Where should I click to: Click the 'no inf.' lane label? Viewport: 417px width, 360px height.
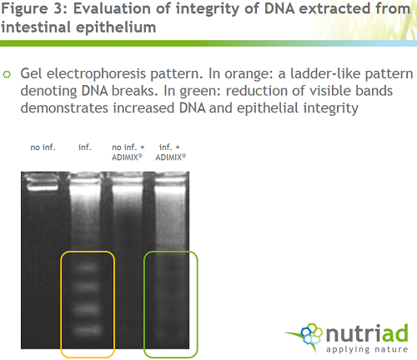pyautogui.click(x=43, y=147)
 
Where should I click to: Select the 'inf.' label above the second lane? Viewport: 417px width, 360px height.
pyautogui.click(x=85, y=147)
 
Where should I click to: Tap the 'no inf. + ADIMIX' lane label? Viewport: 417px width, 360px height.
pyautogui.click(x=128, y=152)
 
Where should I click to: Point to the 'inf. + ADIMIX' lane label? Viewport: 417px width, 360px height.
pyautogui.click(x=170, y=152)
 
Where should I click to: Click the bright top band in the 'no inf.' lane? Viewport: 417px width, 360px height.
pyautogui.click(x=43, y=184)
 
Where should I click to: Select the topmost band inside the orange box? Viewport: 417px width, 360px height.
pyautogui.click(x=88, y=267)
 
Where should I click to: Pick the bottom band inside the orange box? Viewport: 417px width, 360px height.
pyautogui.click(x=88, y=331)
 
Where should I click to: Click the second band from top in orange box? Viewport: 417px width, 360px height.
pyautogui.click(x=88, y=286)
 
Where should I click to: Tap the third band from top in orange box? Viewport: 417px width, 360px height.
pyautogui.click(x=88, y=308)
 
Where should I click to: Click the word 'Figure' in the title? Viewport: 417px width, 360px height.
pyautogui.click(x=25, y=9)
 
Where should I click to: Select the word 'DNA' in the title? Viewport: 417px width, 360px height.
pyautogui.click(x=279, y=8)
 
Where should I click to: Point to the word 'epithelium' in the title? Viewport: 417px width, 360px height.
pyautogui.click(x=116, y=27)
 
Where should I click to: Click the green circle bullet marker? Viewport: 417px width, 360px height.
pyautogui.click(x=7, y=74)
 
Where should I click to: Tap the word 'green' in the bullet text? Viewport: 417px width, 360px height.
pyautogui.click(x=198, y=92)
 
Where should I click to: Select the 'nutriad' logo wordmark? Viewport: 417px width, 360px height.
pyautogui.click(x=367, y=333)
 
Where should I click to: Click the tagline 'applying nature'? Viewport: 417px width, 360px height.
pyautogui.click(x=367, y=349)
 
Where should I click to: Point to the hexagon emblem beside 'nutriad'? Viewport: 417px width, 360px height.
pyautogui.click(x=312, y=334)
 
